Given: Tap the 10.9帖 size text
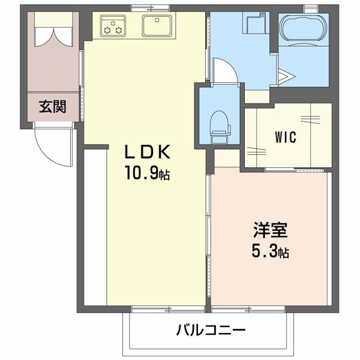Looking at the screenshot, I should (147, 175).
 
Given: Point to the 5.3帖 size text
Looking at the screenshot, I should (270, 253).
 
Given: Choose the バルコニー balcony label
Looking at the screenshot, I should (211, 330).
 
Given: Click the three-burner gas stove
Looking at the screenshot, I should (114, 26).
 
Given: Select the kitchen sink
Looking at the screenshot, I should (158, 26).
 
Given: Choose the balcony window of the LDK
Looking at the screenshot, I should (159, 310).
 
